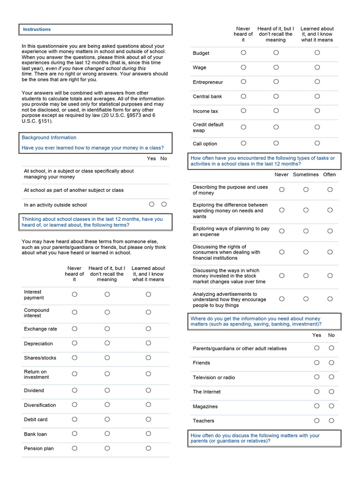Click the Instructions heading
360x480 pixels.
(37, 30)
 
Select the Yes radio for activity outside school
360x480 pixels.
(151, 204)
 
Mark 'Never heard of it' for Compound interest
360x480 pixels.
(75, 312)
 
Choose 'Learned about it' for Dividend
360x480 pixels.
(148, 390)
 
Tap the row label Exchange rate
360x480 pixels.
(40, 329)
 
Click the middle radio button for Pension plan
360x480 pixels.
(107, 448)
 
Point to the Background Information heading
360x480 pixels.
(49, 137)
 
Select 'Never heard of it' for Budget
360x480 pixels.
(243, 53)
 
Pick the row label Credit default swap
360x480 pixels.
(208, 127)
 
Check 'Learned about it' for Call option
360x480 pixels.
(317, 143)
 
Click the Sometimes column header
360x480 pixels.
(306, 174)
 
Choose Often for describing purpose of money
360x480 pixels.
(330, 189)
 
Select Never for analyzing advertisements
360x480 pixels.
(282, 299)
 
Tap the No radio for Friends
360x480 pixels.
(331, 362)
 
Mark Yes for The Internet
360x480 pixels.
(317, 391)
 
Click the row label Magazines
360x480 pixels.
(205, 406)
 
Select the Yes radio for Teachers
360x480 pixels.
(317, 420)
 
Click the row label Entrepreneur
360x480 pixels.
(208, 82)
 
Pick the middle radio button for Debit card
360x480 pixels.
(107, 419)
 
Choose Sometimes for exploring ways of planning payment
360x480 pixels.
(306, 231)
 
